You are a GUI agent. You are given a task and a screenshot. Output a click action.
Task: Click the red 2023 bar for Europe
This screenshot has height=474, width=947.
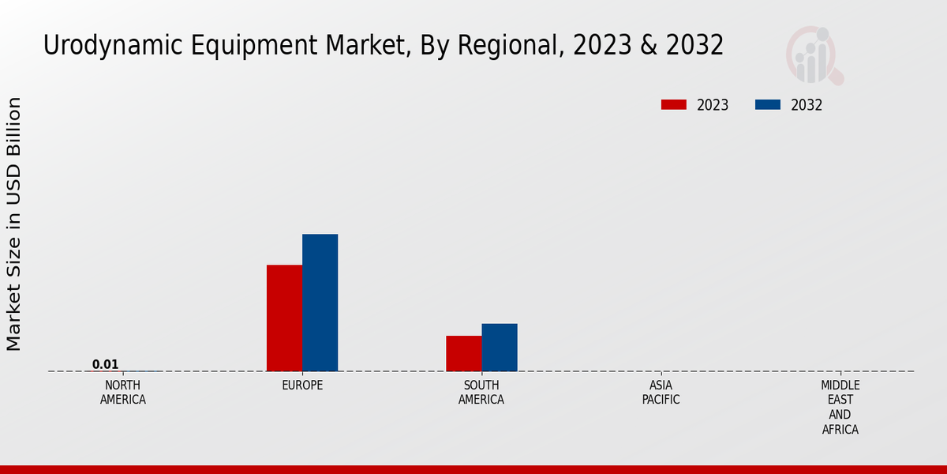[284, 318]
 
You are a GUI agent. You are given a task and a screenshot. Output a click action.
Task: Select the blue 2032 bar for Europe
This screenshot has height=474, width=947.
[320, 303]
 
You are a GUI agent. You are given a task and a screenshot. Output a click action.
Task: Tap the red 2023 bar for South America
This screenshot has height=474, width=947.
[463, 353]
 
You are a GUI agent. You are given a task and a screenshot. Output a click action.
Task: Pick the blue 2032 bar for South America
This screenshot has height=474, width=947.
[500, 347]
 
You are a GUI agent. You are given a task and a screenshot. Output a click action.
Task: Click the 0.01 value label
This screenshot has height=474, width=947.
[105, 364]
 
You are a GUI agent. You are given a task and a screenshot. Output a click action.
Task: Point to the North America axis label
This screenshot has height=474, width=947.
[122, 393]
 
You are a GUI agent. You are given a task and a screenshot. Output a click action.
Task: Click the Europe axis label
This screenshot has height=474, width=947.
[302, 386]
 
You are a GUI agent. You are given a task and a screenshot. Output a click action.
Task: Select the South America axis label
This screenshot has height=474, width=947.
[481, 393]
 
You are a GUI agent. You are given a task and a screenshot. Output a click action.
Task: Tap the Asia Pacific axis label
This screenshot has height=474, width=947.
[661, 393]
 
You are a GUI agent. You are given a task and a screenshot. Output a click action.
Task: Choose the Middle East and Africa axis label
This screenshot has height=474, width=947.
[840, 408]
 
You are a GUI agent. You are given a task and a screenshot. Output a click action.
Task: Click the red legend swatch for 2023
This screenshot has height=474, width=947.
[674, 105]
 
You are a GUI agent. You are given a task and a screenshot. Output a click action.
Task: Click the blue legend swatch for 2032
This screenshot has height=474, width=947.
[768, 105]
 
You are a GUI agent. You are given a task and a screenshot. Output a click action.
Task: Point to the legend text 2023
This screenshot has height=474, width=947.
[713, 105]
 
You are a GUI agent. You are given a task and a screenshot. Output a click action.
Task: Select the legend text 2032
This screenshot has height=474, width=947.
[807, 105]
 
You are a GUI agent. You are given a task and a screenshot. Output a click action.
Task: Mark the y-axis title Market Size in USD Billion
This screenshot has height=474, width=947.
[14, 224]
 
